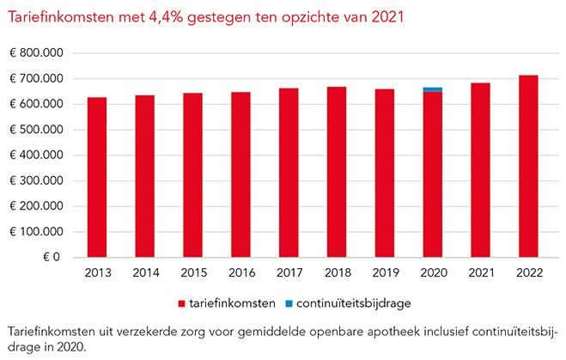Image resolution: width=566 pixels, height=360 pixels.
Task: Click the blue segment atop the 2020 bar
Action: [433, 89]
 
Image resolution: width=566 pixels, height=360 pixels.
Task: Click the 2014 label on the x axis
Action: [145, 273]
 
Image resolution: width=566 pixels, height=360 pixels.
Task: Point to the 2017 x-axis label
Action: [289, 273]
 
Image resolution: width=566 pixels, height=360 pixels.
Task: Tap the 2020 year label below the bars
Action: [433, 273]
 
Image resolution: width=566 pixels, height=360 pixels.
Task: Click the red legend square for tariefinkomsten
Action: [182, 303]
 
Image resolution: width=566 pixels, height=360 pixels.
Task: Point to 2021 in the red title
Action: [386, 16]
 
